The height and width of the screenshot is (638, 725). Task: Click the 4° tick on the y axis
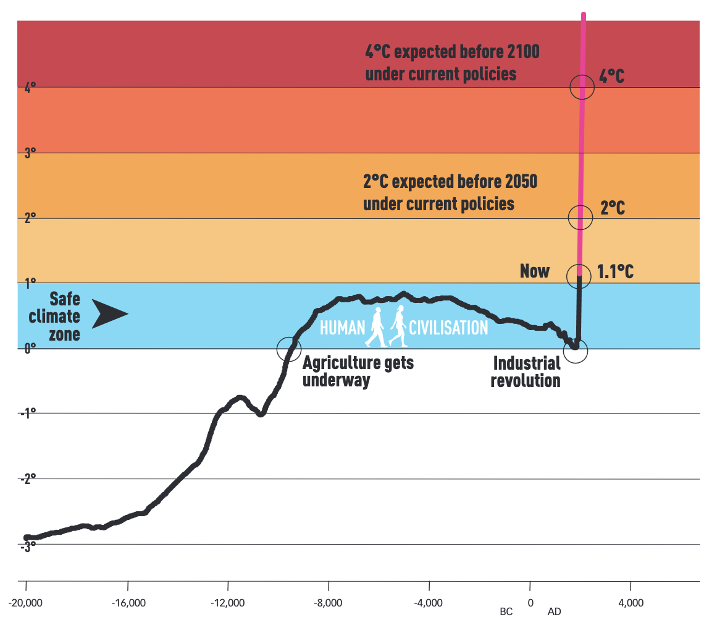(30, 88)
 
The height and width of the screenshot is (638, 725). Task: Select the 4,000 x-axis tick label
(630, 603)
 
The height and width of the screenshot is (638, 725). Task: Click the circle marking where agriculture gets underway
(289, 349)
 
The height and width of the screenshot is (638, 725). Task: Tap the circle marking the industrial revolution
(576, 350)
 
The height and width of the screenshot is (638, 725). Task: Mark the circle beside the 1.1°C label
(579, 276)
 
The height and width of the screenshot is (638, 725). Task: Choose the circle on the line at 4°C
(582, 87)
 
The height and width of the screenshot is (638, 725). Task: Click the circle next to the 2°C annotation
(580, 217)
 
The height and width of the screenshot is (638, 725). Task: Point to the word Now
(535, 271)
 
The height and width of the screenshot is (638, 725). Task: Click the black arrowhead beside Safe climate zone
(110, 313)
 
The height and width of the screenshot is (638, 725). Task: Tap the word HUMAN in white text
(342, 327)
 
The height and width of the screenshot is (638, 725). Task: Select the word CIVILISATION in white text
(449, 327)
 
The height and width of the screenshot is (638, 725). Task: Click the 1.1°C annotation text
(615, 271)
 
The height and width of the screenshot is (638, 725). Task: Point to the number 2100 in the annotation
(520, 52)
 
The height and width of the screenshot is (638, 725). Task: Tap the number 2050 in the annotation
(518, 182)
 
